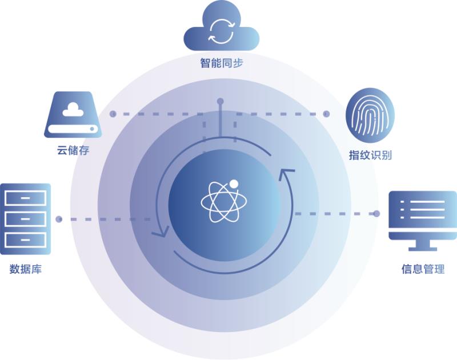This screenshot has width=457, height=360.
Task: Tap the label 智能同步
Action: tap(221, 63)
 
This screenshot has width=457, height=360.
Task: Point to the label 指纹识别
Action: tap(370, 155)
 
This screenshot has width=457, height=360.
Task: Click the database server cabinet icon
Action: tap(25, 218)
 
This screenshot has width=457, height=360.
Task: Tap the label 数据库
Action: tap(25, 269)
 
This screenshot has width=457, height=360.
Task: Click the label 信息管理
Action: tap(423, 269)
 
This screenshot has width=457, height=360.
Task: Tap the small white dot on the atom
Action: tap(234, 184)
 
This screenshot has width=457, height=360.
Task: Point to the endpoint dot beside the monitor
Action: tap(376, 214)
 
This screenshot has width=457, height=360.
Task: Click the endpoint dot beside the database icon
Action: tap(59, 219)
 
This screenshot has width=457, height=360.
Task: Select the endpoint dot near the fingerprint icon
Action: tap(327, 114)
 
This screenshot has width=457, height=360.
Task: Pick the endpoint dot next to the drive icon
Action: tap(113, 114)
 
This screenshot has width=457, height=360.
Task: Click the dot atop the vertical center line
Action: tap(220, 102)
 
